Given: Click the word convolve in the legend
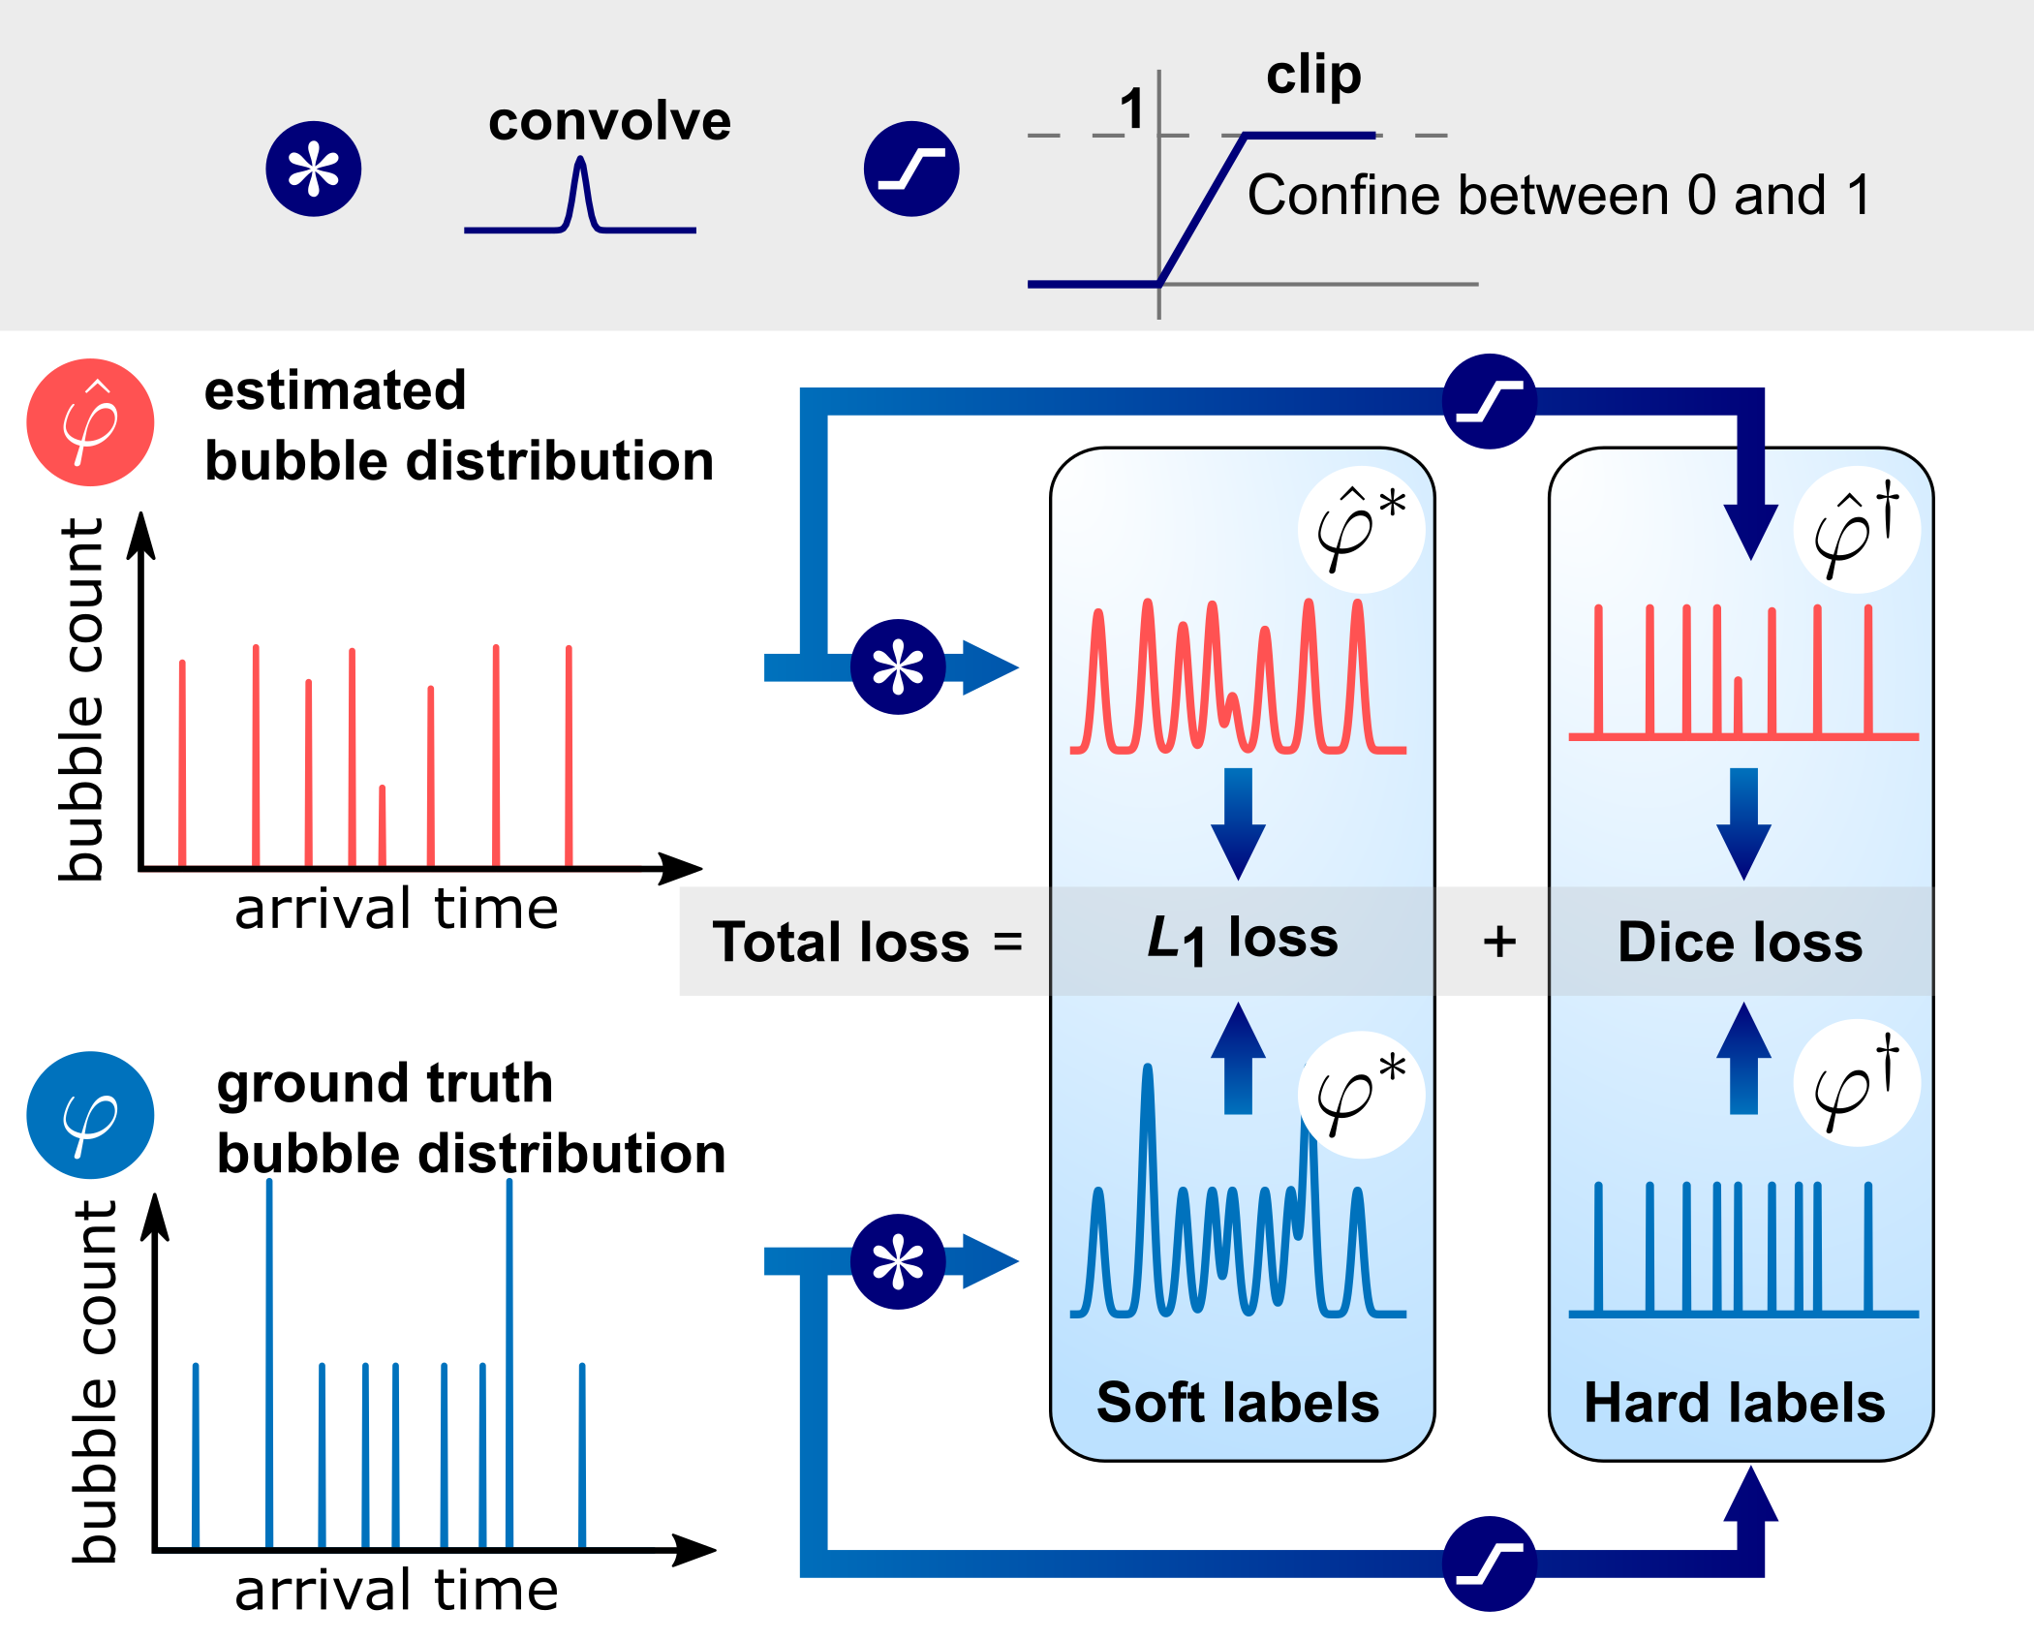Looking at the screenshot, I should [609, 122].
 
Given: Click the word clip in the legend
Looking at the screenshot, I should [1313, 75].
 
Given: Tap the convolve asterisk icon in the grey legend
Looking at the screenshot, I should [314, 170].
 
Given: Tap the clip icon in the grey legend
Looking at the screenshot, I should [911, 170].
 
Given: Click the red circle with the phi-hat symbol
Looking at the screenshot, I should [90, 422].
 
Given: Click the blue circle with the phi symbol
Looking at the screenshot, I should [90, 1115].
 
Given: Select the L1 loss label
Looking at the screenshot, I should [1242, 940].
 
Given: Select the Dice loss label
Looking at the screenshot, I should [1740, 942].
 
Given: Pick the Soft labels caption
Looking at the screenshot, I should [1238, 1403].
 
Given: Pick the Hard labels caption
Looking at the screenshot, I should [1735, 1403].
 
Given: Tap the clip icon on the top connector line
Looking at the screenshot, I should [1490, 401].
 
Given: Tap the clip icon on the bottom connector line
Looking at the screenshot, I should [1490, 1564].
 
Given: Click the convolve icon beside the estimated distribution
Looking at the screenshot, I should [898, 667].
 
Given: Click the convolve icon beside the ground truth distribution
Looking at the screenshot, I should [898, 1262].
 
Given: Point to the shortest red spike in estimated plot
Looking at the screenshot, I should [383, 823].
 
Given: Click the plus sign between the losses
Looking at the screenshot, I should [1499, 942].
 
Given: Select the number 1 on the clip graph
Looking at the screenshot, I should [1131, 108].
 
